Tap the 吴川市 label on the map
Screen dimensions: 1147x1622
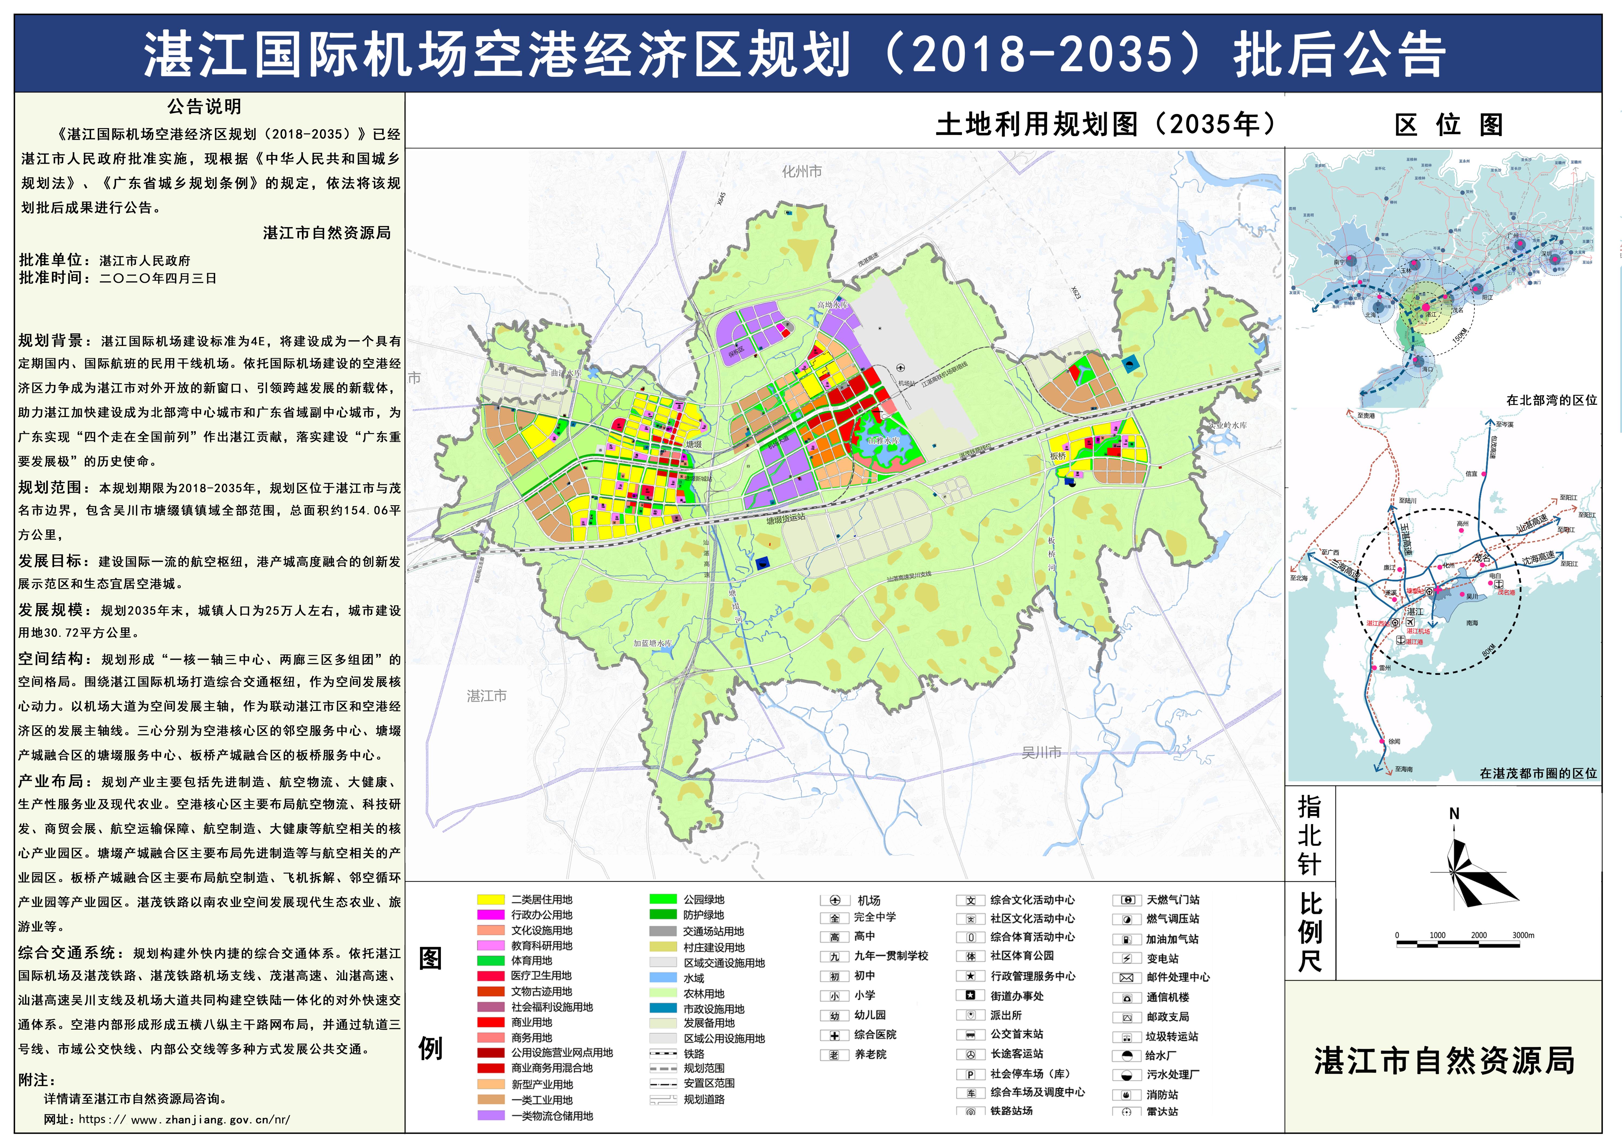[x=1041, y=753]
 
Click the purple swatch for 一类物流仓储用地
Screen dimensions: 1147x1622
[x=490, y=1116]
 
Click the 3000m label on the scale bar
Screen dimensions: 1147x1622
[x=1523, y=935]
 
